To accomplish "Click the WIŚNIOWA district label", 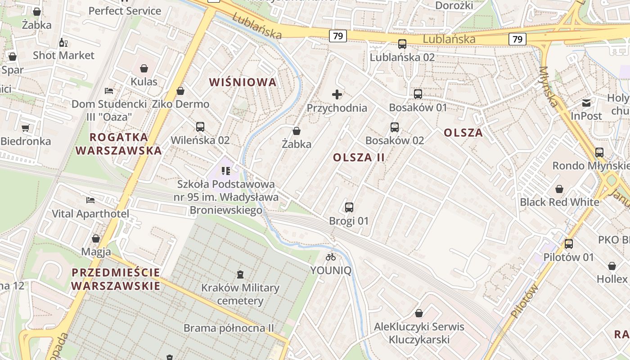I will pyautogui.click(x=243, y=82).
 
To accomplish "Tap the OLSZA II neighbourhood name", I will pyautogui.click(x=359, y=157).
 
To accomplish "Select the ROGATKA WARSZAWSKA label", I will pyautogui.click(x=119, y=144).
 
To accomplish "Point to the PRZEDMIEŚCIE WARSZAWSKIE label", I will pyautogui.click(x=116, y=279).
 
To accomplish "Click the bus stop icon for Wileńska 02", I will pyautogui.click(x=200, y=127).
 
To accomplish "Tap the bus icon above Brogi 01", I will pyautogui.click(x=349, y=207).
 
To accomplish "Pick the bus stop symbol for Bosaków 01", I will pyautogui.click(x=418, y=94).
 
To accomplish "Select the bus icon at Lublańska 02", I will pyautogui.click(x=402, y=44).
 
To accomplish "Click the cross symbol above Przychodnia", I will pyautogui.click(x=337, y=94).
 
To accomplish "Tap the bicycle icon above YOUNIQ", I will pyautogui.click(x=331, y=257).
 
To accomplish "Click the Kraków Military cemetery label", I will pyautogui.click(x=240, y=294).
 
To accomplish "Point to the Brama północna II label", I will pyautogui.click(x=229, y=328).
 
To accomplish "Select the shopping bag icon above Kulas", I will pyautogui.click(x=144, y=68).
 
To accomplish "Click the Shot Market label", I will pyautogui.click(x=63, y=55).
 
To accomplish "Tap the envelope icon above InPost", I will pyautogui.click(x=586, y=103).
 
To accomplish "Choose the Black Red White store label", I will pyautogui.click(x=559, y=202).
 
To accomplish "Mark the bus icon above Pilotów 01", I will pyautogui.click(x=569, y=244).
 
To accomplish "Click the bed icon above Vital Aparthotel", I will pyautogui.click(x=90, y=200).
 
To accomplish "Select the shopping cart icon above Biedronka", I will pyautogui.click(x=26, y=128).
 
